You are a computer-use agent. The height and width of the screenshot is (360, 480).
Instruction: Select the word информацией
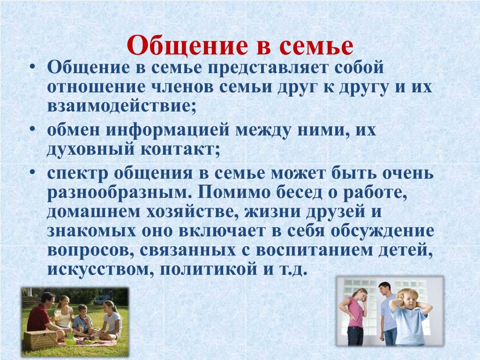(167, 130)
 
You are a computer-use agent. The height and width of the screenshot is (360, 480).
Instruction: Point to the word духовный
(91, 150)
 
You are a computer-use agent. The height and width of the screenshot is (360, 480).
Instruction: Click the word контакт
(180, 150)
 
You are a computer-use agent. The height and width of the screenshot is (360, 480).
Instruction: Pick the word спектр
(77, 174)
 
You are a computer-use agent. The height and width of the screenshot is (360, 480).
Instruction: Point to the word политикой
(208, 270)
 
